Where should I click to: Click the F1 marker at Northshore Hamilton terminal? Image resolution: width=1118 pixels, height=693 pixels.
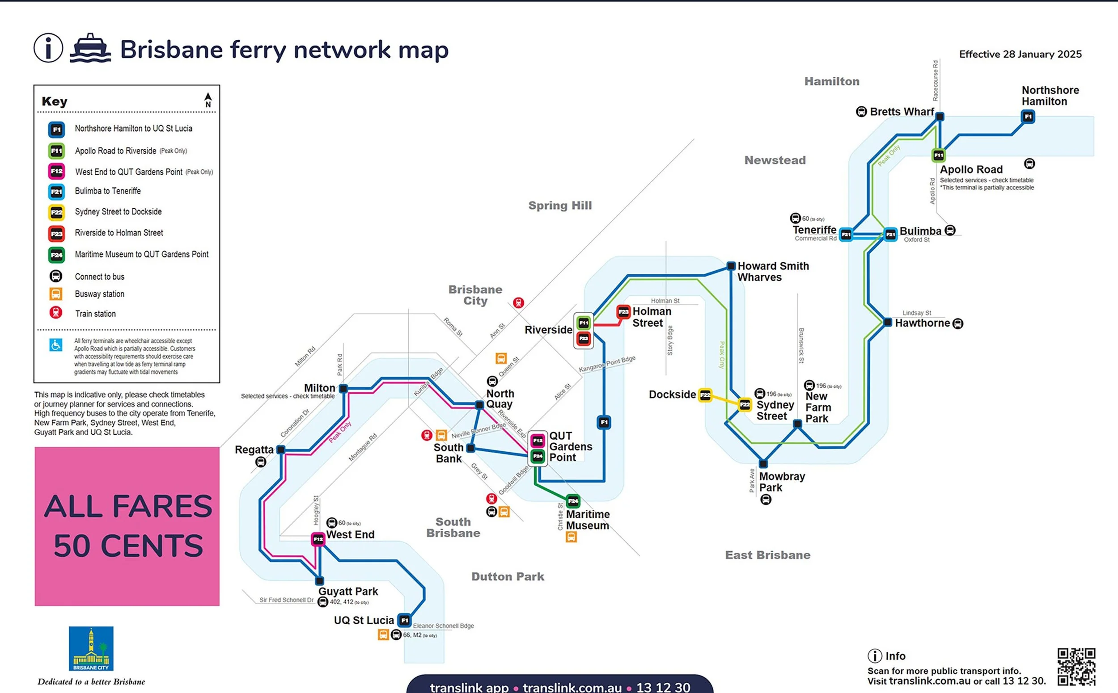(1028, 117)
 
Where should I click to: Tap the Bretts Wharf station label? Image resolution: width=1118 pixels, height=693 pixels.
(902, 112)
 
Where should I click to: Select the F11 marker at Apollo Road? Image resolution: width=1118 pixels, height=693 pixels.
(938, 155)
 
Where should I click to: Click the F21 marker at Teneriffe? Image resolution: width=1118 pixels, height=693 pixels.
(846, 235)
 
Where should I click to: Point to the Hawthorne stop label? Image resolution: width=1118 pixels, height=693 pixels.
(922, 323)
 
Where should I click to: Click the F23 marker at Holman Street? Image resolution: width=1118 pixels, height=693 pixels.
(623, 312)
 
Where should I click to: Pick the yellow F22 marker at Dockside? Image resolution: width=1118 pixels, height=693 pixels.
(705, 395)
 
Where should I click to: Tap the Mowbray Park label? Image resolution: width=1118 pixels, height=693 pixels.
(782, 482)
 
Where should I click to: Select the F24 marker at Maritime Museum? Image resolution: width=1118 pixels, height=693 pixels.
(573, 501)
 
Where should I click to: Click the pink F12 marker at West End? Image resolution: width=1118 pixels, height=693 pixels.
(318, 539)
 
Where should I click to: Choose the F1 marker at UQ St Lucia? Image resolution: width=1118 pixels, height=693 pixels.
(404, 620)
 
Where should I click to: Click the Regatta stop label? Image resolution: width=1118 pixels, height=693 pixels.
(254, 449)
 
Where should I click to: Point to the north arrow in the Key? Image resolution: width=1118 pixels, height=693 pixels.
(208, 100)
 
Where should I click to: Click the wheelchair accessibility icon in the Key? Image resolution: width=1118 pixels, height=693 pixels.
(56, 344)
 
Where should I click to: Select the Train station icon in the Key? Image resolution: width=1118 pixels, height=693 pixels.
(56, 313)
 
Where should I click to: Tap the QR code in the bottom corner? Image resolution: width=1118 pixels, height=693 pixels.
(1076, 667)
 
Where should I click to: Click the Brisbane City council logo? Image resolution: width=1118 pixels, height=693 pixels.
(91, 648)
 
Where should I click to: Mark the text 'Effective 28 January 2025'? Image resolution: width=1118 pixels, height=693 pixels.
(1020, 54)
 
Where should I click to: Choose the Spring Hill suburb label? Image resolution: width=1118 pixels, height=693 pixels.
(560, 206)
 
